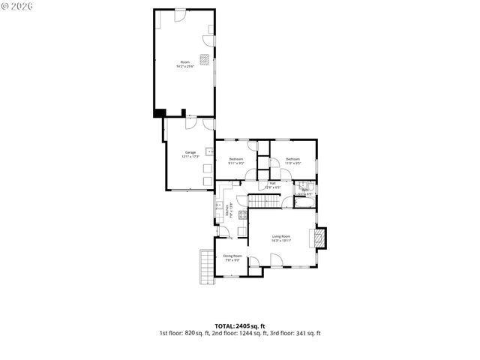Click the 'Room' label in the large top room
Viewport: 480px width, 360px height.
(x=184, y=61)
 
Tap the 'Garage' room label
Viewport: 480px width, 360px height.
(x=190, y=153)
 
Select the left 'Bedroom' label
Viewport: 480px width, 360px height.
(x=235, y=159)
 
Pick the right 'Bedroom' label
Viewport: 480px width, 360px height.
(x=292, y=159)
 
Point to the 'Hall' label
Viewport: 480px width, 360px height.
(x=273, y=183)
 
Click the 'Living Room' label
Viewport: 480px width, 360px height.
(x=281, y=237)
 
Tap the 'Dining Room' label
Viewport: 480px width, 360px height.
(x=232, y=256)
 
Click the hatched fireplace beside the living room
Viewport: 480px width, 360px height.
(x=320, y=238)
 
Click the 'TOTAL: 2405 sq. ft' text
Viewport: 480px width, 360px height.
(x=240, y=325)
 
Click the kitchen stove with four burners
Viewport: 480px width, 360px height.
(x=243, y=215)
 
